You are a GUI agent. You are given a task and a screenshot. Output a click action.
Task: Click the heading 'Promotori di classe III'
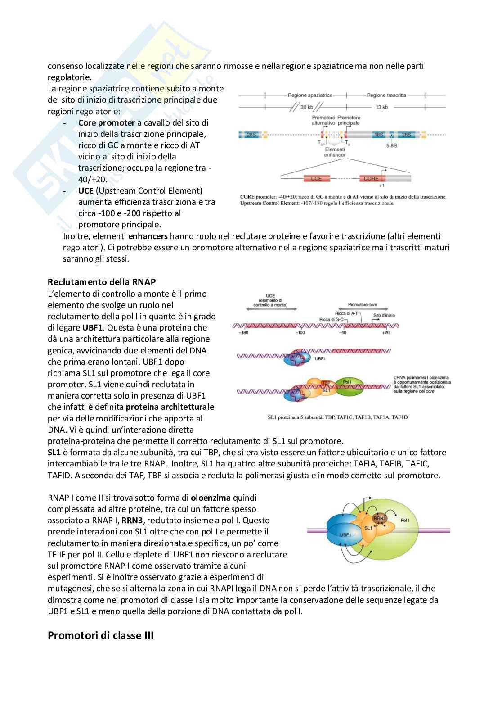pyautogui.click(x=100, y=636)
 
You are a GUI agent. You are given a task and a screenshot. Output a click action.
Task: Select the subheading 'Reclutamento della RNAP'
pyautogui.click(x=102, y=282)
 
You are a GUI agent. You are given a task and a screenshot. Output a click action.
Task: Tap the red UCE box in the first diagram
pyautogui.click(x=316, y=178)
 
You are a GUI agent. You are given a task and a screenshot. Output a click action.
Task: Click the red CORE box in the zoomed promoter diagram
pyautogui.click(x=371, y=178)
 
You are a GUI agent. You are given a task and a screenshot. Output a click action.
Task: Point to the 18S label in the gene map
pyautogui.click(x=378, y=135)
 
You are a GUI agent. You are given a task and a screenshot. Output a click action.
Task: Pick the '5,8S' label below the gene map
pyautogui.click(x=392, y=145)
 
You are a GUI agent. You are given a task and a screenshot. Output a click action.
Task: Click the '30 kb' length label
pyautogui.click(x=307, y=107)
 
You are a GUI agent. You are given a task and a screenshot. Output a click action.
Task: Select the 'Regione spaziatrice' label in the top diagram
pyautogui.click(x=310, y=95)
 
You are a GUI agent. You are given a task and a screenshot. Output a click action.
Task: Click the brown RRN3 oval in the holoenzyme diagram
pyautogui.click(x=380, y=518)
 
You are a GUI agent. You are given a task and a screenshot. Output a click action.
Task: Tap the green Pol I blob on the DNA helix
pyautogui.click(x=346, y=386)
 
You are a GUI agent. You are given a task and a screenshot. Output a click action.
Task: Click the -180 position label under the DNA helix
pyautogui.click(x=243, y=333)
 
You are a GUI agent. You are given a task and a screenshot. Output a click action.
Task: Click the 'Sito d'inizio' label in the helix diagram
pyautogui.click(x=384, y=315)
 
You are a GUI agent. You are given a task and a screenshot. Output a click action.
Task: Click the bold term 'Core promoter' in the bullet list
pyautogui.click(x=107, y=122)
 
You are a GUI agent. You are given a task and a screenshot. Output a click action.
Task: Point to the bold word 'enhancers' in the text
pyautogui.click(x=148, y=236)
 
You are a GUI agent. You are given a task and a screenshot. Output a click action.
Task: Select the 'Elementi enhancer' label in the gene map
pyautogui.click(x=335, y=152)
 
